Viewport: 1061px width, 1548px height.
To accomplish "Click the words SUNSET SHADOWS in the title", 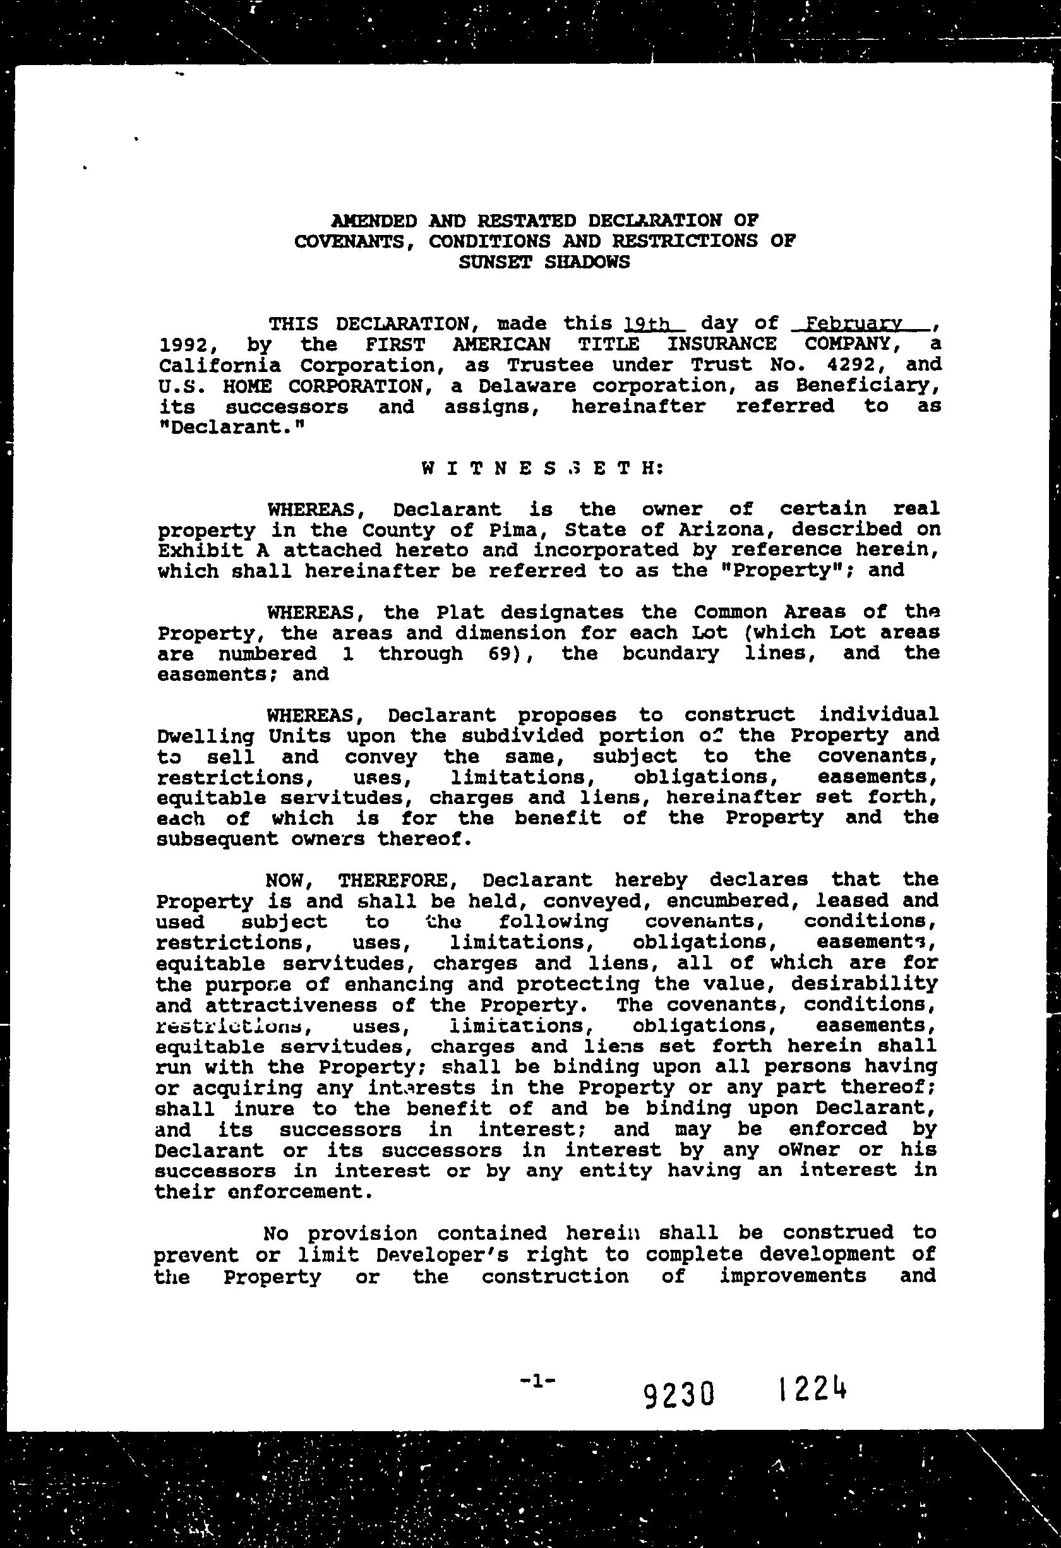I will [544, 261].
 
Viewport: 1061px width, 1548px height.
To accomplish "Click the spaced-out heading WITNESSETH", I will [543, 468].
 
